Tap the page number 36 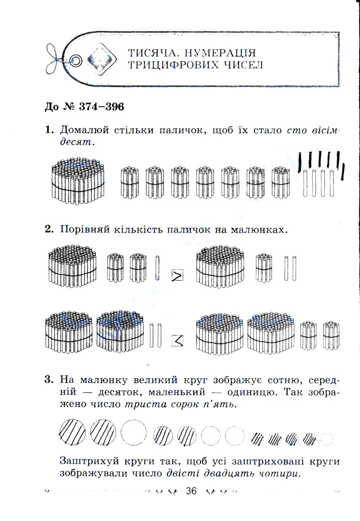pyautogui.click(x=192, y=491)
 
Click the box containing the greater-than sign pyautogui.click(x=177, y=276)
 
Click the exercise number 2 pyautogui.click(x=49, y=229)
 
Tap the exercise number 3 pyautogui.click(x=49, y=379)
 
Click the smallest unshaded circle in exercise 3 pyautogui.click(x=327, y=439)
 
